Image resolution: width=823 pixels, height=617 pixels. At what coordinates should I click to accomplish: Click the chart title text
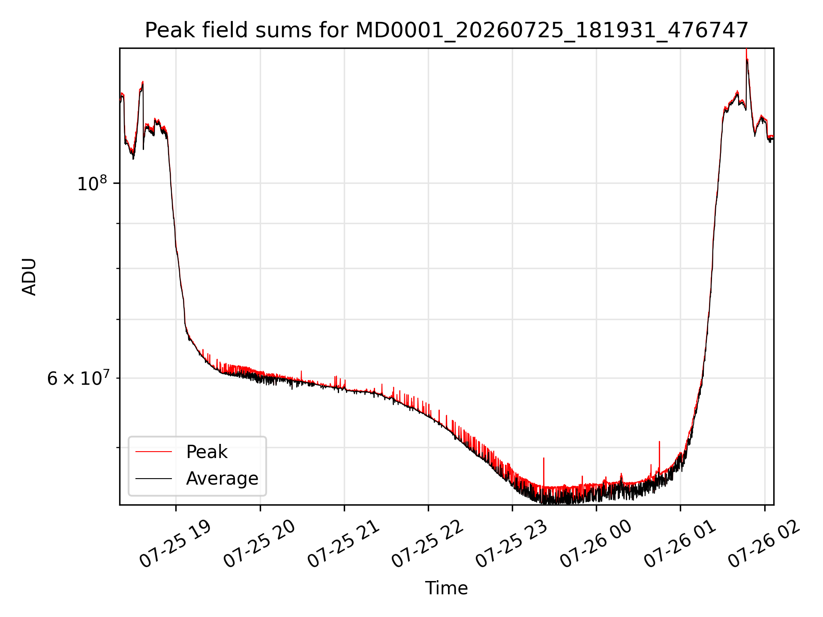tap(447, 30)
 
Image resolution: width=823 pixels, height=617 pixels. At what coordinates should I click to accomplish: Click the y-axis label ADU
tap(29, 277)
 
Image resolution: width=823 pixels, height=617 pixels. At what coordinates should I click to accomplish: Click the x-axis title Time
tap(446, 588)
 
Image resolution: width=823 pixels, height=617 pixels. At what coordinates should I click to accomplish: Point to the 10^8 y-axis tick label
tap(92, 183)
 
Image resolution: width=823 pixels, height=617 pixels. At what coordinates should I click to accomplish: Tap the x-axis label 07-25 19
tap(176, 544)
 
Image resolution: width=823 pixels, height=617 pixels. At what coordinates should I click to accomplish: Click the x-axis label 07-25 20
tap(260, 544)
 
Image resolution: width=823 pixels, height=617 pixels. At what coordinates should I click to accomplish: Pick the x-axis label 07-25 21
tap(344, 544)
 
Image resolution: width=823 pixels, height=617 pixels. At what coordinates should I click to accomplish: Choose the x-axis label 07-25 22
tap(428, 544)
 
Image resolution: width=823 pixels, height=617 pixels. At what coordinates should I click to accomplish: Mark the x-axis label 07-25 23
tap(512, 544)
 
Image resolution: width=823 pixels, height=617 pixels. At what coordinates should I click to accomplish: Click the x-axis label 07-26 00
tap(596, 544)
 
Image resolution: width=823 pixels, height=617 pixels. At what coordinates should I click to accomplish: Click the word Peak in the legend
tap(207, 452)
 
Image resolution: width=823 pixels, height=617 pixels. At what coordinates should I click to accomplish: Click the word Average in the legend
tap(222, 479)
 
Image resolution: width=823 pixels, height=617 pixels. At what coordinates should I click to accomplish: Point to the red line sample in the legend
tap(153, 452)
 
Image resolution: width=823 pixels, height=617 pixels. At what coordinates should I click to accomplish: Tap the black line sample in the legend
tap(153, 478)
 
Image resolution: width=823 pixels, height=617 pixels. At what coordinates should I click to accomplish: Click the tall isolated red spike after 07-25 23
tap(544, 471)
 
